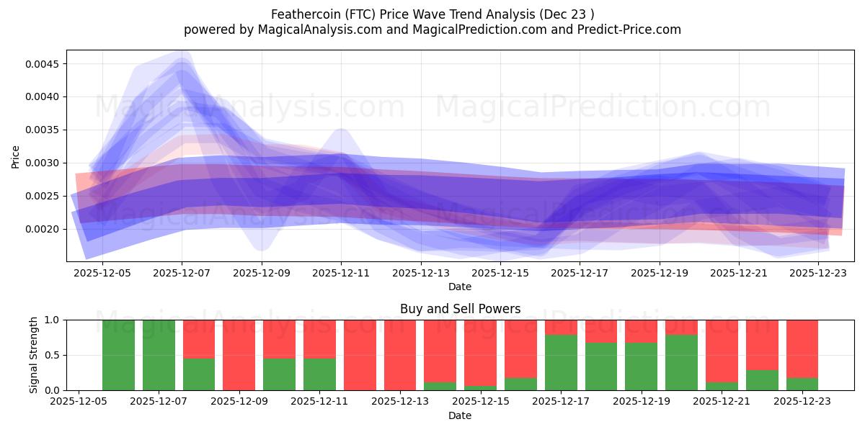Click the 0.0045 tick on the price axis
tap(45, 64)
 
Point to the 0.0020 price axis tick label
tap(45, 229)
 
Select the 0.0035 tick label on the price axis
tap(45, 130)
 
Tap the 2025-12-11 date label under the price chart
tap(341, 273)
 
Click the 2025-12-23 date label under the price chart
tap(818, 273)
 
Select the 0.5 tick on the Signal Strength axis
tap(53, 355)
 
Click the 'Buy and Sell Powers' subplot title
tap(460, 309)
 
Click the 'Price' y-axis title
tap(16, 156)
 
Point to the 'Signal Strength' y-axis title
tap(33, 355)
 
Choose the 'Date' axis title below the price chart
tap(460, 287)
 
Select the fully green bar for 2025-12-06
tap(118, 355)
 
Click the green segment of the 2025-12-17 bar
tap(560, 362)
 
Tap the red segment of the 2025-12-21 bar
tap(721, 351)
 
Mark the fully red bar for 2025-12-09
tap(239, 355)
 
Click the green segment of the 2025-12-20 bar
tap(681, 362)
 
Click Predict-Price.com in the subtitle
tap(631, 30)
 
